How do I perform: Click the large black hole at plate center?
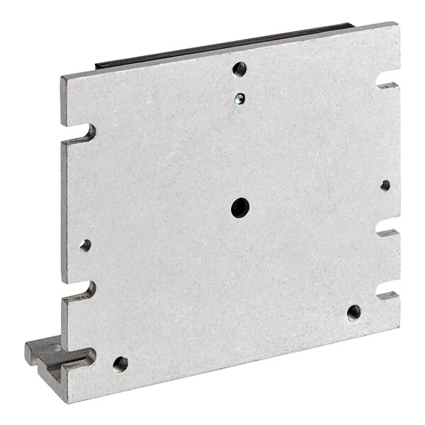239,207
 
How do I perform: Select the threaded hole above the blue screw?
239,69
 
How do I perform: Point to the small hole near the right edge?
385,186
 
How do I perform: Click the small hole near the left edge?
85,246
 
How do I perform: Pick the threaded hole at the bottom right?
353,312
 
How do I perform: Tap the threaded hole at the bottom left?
120,364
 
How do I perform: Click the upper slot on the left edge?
84,132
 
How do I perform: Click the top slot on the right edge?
389,85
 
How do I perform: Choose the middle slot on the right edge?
387,232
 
